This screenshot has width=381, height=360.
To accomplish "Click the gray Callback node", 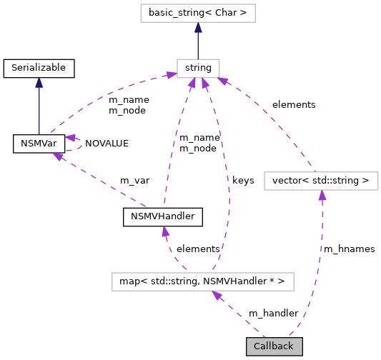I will [274, 346].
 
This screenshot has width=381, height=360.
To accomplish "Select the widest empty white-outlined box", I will [202, 281].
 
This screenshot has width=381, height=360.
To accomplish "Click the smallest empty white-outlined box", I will [198, 69].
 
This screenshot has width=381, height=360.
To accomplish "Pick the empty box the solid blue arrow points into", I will [197, 13].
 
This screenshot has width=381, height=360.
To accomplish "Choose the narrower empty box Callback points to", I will [321, 181].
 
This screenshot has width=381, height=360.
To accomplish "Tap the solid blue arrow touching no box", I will [39, 107].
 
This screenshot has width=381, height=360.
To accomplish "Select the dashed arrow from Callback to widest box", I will [239, 314].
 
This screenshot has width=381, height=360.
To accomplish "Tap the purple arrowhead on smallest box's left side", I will [171, 74].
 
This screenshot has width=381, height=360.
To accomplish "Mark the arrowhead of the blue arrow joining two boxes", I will [198, 28].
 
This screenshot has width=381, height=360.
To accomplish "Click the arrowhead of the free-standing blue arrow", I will [39, 82].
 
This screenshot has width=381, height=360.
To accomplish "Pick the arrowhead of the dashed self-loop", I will [70, 137].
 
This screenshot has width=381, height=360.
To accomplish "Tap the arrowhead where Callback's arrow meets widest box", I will [217, 295].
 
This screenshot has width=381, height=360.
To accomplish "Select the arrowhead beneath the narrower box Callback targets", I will [322, 195].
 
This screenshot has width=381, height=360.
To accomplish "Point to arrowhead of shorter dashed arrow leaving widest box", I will [165, 231].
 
